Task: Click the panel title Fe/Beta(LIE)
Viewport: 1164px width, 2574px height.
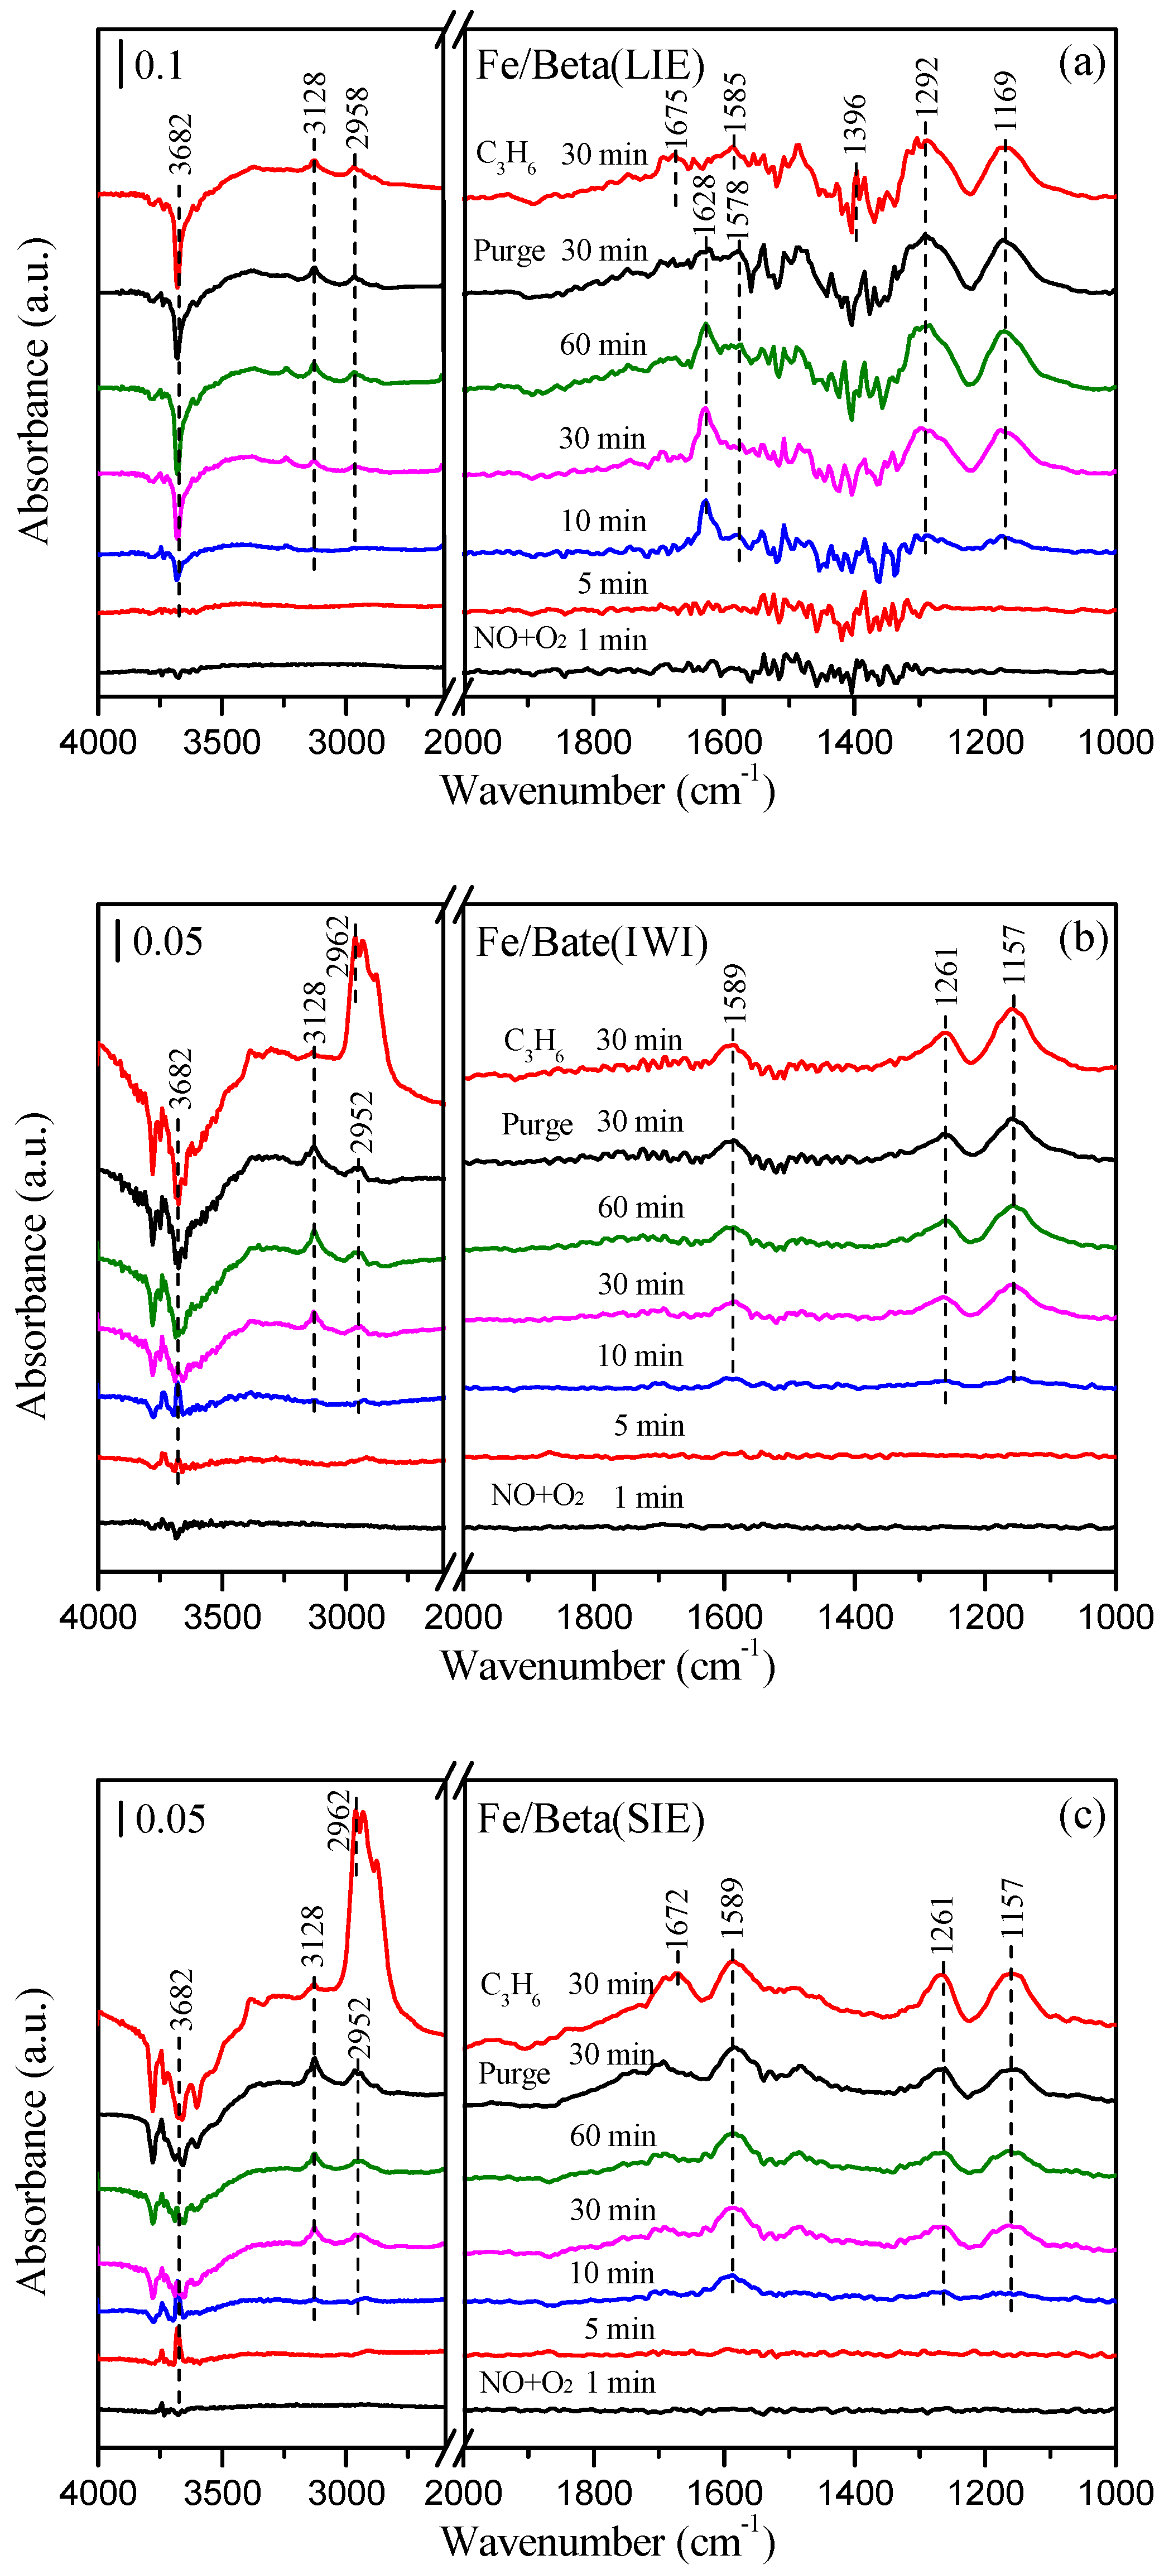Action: pos(589,66)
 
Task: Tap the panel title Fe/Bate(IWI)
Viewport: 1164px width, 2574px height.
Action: pos(591,942)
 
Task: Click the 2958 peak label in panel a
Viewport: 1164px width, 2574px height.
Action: pos(357,118)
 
